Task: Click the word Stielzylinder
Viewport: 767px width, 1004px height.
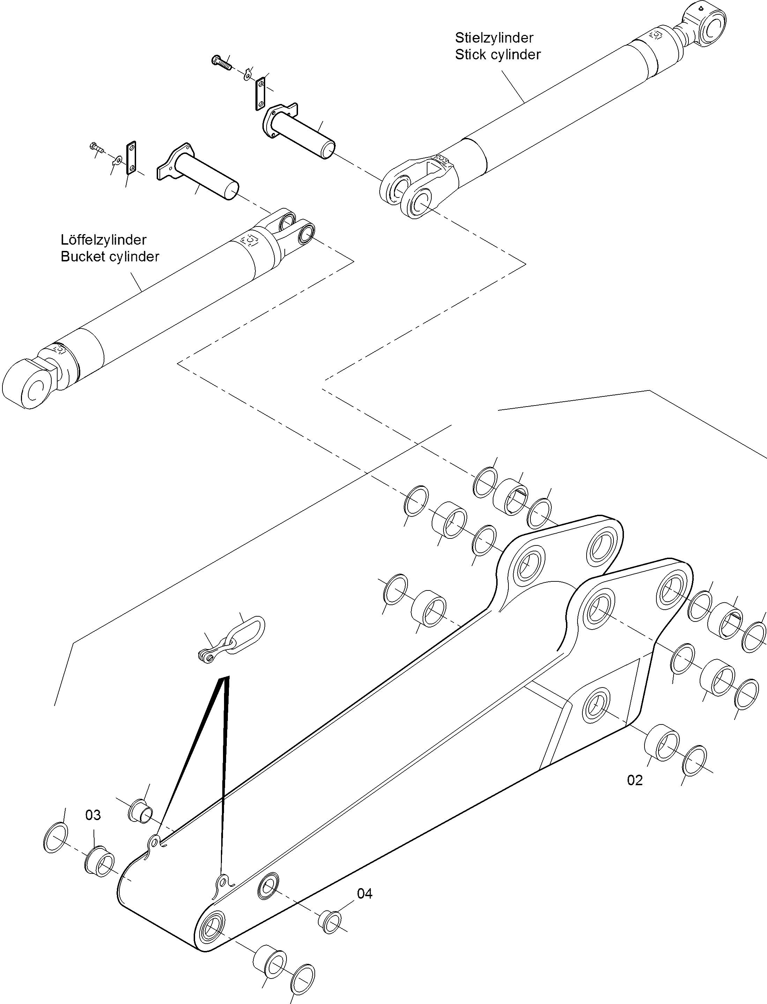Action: (494, 37)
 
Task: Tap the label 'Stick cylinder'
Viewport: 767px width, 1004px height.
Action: (498, 55)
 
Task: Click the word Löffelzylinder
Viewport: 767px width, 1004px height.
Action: (104, 240)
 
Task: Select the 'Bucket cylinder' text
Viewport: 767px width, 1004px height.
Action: (110, 256)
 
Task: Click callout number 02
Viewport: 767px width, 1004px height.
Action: (635, 780)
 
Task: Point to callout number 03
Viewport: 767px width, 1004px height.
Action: (93, 815)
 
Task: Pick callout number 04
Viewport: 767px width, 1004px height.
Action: (364, 893)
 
